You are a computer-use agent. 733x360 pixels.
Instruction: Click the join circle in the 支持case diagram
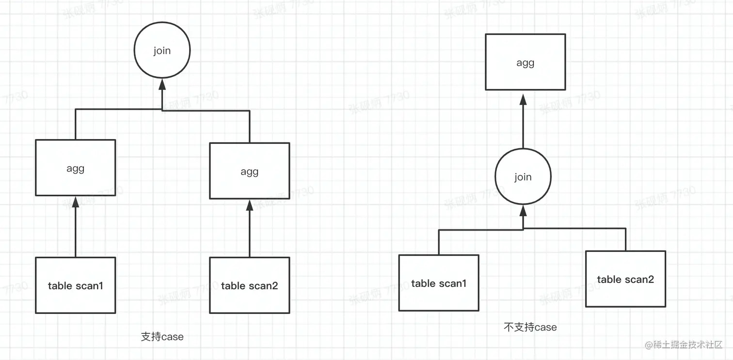(x=162, y=51)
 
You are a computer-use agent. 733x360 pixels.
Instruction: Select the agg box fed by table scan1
(x=75, y=168)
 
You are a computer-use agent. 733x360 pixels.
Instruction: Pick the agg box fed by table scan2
(x=249, y=171)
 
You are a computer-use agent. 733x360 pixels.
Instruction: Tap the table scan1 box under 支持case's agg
(x=75, y=285)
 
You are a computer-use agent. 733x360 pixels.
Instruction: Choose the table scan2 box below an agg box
(x=249, y=285)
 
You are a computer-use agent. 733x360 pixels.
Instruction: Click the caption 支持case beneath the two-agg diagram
(x=162, y=337)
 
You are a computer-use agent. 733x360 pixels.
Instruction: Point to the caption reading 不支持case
(x=530, y=328)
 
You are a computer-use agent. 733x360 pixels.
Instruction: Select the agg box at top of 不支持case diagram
(x=525, y=62)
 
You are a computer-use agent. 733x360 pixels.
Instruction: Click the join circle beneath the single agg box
(x=523, y=177)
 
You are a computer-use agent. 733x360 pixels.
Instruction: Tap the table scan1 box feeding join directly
(x=438, y=283)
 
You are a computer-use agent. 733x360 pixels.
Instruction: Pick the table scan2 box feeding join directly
(x=625, y=279)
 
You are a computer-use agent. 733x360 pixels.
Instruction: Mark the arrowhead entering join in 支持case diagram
(x=162, y=85)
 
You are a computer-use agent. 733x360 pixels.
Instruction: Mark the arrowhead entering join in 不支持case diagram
(x=523, y=211)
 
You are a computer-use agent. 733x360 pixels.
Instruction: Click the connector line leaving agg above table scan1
(x=75, y=124)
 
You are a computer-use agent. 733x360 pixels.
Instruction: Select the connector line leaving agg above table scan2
(x=249, y=126)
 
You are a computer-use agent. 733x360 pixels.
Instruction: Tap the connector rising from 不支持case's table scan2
(x=625, y=239)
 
